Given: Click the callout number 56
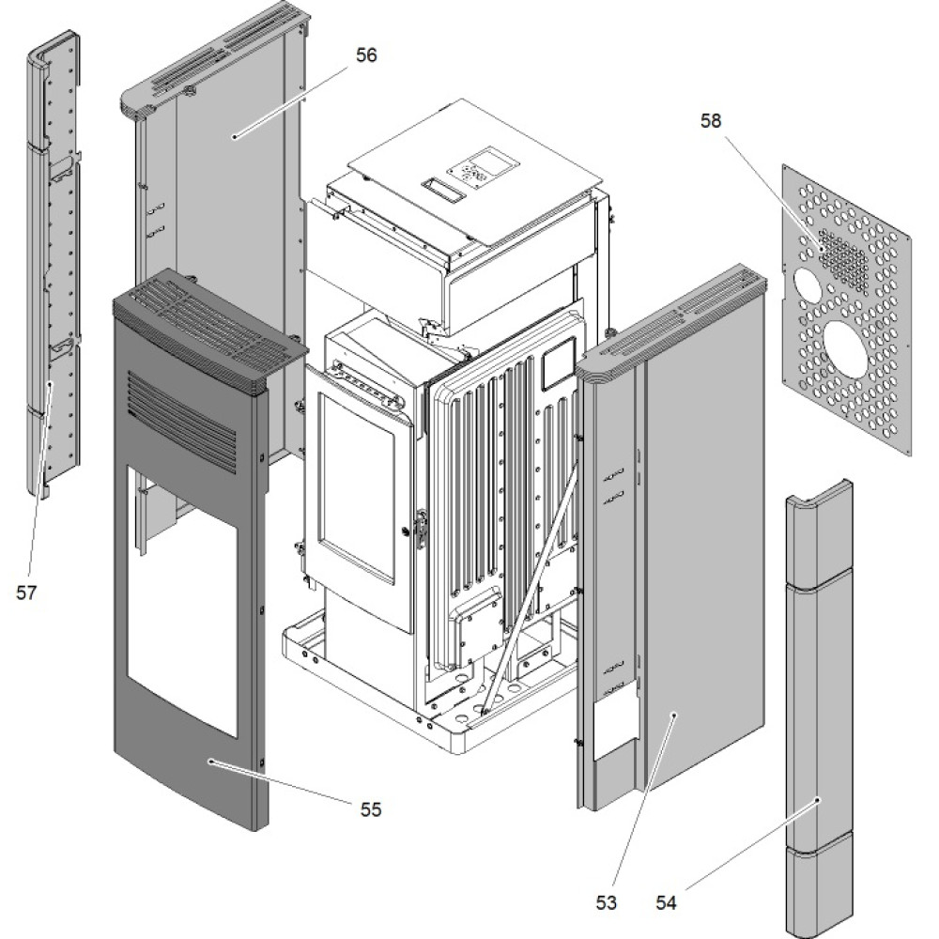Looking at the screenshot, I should pos(366,55).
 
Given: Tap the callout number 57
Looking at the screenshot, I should pos(25,592).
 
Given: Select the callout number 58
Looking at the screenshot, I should pos(712,121).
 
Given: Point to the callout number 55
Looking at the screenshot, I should pos(371,808).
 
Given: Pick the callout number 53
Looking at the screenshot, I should pos(606,902).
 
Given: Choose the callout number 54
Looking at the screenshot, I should pos(666,902).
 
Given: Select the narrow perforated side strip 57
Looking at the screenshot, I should pos(54,263).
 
